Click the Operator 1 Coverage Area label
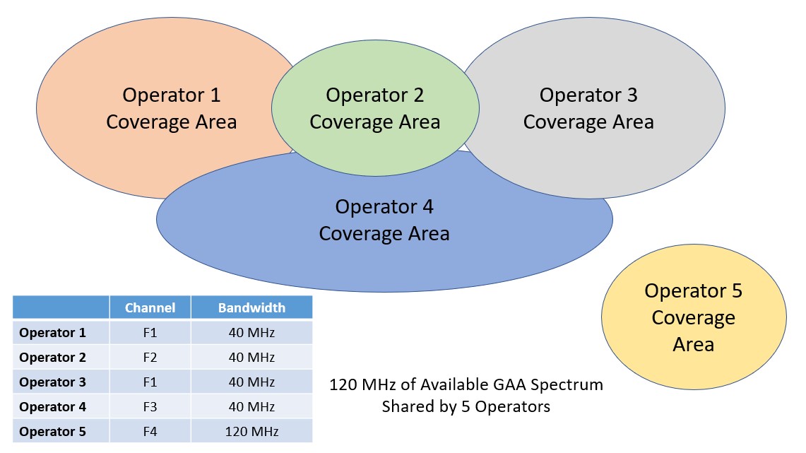[x=171, y=109]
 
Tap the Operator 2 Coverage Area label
[x=374, y=109]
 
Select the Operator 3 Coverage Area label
[x=588, y=109]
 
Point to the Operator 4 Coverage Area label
[x=384, y=220]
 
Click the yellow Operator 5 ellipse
[x=694, y=317]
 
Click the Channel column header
[x=150, y=307]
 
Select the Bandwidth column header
[x=252, y=307]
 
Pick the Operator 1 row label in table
[x=52, y=333]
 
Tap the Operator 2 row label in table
[x=52, y=358]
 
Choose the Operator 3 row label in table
[x=52, y=382]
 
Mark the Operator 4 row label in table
[x=52, y=407]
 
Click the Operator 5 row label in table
[x=52, y=431]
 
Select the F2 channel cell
[x=150, y=358]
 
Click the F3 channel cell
[x=150, y=407]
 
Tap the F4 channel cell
[x=150, y=431]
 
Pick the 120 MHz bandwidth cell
[x=252, y=431]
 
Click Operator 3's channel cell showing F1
[x=150, y=382]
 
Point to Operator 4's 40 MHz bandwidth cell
[x=252, y=407]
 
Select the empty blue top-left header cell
[x=61, y=307]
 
